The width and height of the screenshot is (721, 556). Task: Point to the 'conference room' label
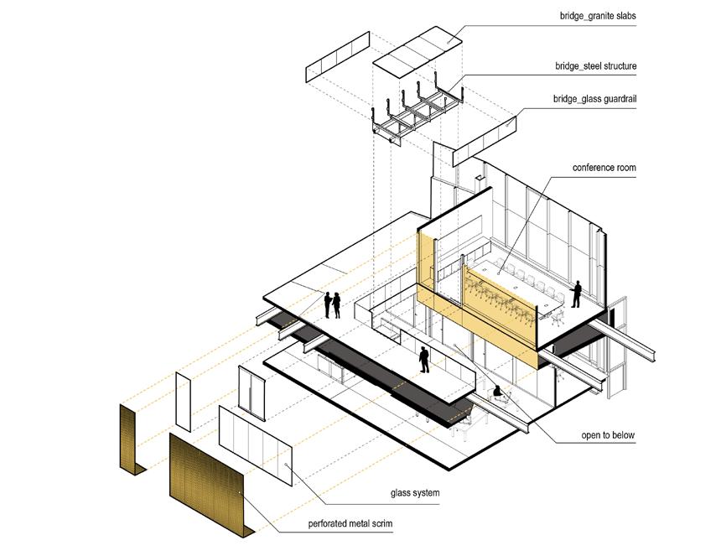(604, 168)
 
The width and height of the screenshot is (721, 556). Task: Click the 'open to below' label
(608, 435)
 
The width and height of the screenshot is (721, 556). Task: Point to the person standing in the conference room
(577, 294)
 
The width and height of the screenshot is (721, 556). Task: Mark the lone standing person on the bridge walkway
(424, 359)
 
